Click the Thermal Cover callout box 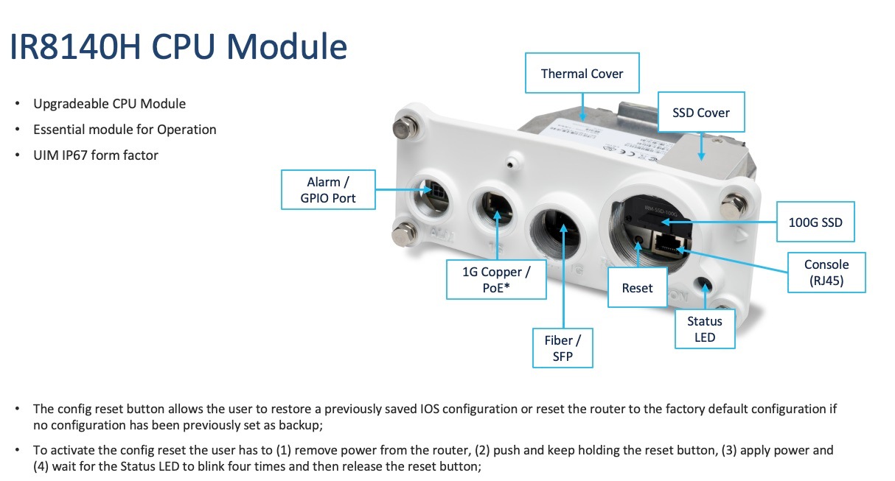tap(582, 73)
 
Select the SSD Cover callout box tap(701, 113)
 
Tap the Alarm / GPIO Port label tap(328, 190)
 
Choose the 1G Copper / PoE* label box tap(496, 279)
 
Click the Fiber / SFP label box tap(563, 348)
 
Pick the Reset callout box tap(637, 287)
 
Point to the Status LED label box tap(705, 329)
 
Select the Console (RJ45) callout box tap(826, 272)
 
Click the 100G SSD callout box tap(816, 221)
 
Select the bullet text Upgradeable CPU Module tap(109, 104)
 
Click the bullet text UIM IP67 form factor tap(96, 155)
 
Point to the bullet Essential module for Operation tap(125, 130)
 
